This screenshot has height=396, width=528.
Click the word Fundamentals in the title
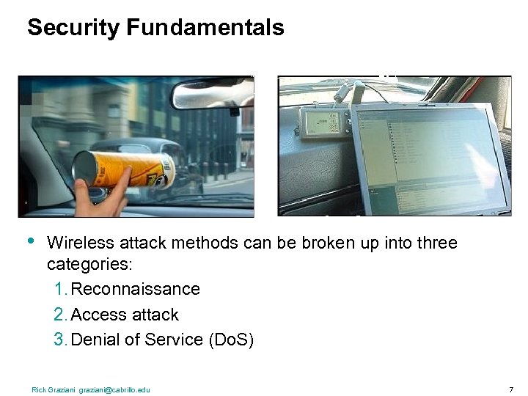(x=205, y=28)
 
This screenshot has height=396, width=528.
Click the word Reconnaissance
(x=135, y=289)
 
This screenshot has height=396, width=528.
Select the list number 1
(x=59, y=289)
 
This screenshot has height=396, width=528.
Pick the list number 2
(x=59, y=315)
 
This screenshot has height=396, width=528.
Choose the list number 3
(x=59, y=340)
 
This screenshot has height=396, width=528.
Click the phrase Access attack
(x=125, y=315)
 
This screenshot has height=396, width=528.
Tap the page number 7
(x=510, y=389)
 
